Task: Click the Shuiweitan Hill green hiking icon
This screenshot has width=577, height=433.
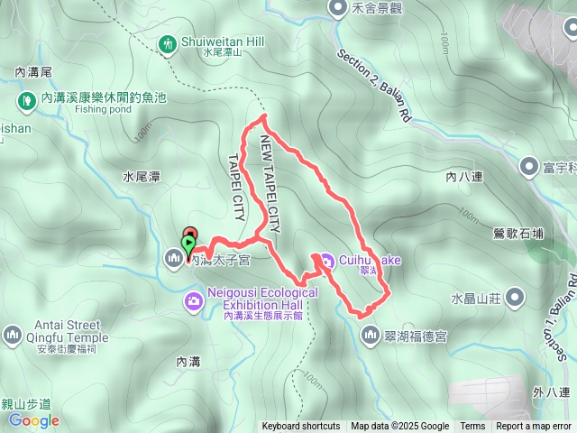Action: pyautogui.click(x=168, y=43)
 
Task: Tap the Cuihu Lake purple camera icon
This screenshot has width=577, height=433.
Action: pyautogui.click(x=324, y=261)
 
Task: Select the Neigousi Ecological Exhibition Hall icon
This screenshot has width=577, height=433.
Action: pyautogui.click(x=193, y=299)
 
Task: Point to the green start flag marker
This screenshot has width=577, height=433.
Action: pyautogui.click(x=188, y=244)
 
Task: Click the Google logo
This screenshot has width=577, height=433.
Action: pyautogui.click(x=35, y=420)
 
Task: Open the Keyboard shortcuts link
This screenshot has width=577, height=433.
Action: pyautogui.click(x=301, y=427)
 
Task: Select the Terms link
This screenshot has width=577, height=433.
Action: pyautogui.click(x=472, y=427)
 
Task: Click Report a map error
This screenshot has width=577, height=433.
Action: pyautogui.click(x=535, y=427)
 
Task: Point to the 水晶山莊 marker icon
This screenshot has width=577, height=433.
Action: pyautogui.click(x=515, y=296)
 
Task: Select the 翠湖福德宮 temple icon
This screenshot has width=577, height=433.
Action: pyautogui.click(x=371, y=336)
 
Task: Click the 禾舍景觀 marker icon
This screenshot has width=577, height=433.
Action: pyautogui.click(x=337, y=8)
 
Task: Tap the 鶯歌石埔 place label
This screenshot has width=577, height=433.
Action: pyautogui.click(x=518, y=234)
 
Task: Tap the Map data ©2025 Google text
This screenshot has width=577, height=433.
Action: pyautogui.click(x=400, y=427)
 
